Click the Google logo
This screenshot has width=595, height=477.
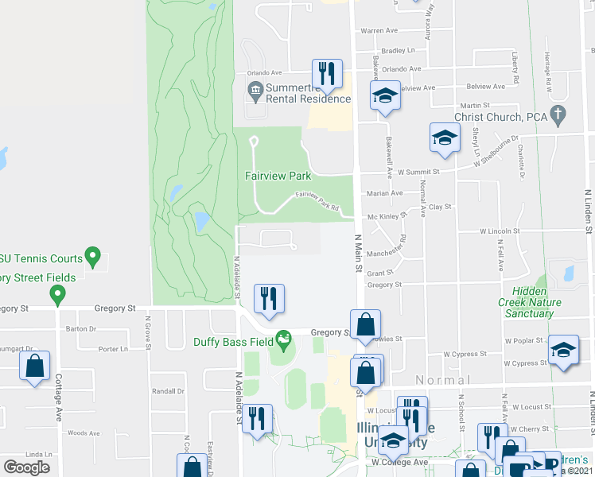pos(26,467)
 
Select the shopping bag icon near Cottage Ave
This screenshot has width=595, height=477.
pos(34,366)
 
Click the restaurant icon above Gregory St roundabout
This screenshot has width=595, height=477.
pos(269,299)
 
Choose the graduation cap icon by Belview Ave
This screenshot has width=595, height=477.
pos(385,96)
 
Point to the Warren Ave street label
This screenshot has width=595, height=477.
pos(379,31)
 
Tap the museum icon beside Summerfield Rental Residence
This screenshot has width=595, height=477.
pos(255,92)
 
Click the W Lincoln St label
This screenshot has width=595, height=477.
pos(499,231)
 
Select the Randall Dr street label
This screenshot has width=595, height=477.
pos(168,391)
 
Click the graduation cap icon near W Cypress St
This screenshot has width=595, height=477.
pos(563,351)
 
